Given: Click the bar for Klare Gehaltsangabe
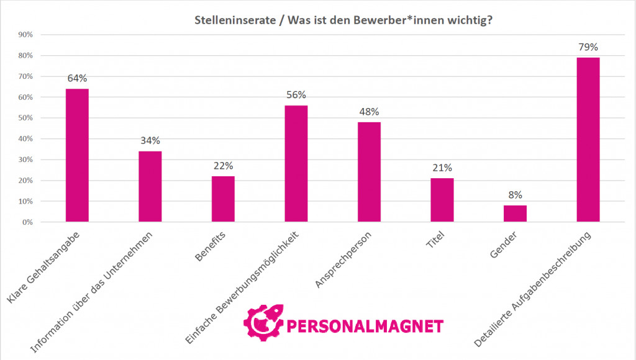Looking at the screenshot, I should [77, 155].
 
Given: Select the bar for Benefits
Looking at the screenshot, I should [223, 199].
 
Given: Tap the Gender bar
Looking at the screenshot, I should [515, 213].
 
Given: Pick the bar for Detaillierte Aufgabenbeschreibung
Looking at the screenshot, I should [588, 139].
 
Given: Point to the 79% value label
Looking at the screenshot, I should [588, 47].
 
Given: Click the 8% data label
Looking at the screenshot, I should [515, 195].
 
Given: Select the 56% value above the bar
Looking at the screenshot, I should [296, 95].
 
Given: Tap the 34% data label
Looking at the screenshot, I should [150, 141].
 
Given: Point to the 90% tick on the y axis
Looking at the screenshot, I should [25, 35].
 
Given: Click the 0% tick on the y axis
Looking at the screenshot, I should [27, 222].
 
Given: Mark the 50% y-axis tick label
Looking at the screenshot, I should [25, 118].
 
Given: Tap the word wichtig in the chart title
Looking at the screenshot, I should [475, 19].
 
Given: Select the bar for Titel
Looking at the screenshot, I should [442, 200].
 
